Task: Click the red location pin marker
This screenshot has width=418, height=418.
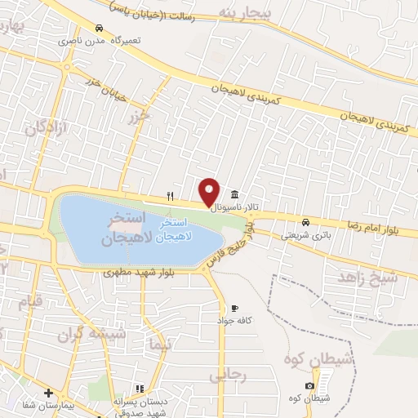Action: point(210,191)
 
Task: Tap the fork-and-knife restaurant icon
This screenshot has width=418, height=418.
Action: point(170,195)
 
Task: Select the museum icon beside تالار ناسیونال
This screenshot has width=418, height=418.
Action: point(236,194)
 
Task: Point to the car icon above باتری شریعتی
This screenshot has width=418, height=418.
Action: point(305,221)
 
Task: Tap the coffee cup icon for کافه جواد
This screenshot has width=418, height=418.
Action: point(234,309)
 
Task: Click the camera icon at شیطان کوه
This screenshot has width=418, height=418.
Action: point(310,385)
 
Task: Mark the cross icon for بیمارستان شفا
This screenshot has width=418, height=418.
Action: point(47,393)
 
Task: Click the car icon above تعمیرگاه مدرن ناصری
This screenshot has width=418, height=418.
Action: point(99,27)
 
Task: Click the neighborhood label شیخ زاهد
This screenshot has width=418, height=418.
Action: point(368,277)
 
